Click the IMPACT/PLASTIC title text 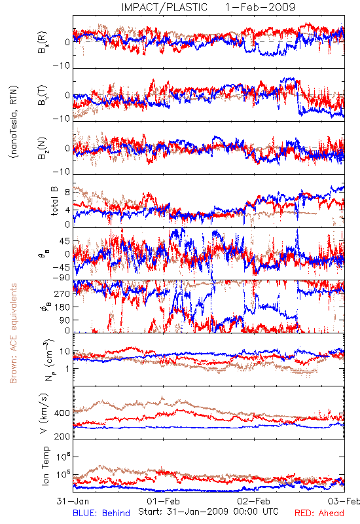(x=164, y=7)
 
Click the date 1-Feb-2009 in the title (x=260, y=7)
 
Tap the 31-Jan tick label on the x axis (x=73, y=501)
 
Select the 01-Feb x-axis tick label (x=163, y=501)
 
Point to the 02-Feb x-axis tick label (x=253, y=501)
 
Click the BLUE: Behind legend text (x=101, y=513)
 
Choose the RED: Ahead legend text (x=319, y=513)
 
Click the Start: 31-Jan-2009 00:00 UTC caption (x=208, y=512)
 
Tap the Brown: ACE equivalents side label (x=13, y=333)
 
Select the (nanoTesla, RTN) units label (x=14, y=122)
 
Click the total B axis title (x=54, y=201)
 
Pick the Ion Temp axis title (x=45, y=466)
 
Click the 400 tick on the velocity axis (x=62, y=413)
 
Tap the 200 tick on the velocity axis (x=62, y=436)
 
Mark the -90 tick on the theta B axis (x=62, y=277)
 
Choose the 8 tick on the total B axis (x=67, y=193)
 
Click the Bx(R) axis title (x=43, y=43)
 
